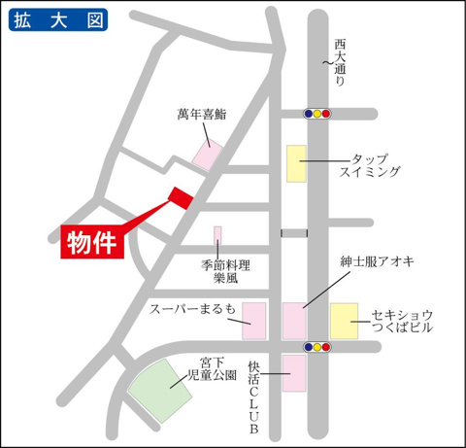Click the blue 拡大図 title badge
pyautogui.click(x=57, y=21)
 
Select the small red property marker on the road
pyautogui.click(x=181, y=196)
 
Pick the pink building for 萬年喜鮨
pyautogui.click(x=207, y=154)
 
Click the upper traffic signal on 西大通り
pyautogui.click(x=317, y=114)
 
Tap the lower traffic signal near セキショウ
pyautogui.click(x=317, y=345)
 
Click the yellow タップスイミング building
pyautogui.click(x=296, y=163)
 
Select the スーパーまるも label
pyautogui.click(x=192, y=310)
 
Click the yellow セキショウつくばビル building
pyautogui.click(x=344, y=320)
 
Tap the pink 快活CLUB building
pyautogui.click(x=293, y=373)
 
